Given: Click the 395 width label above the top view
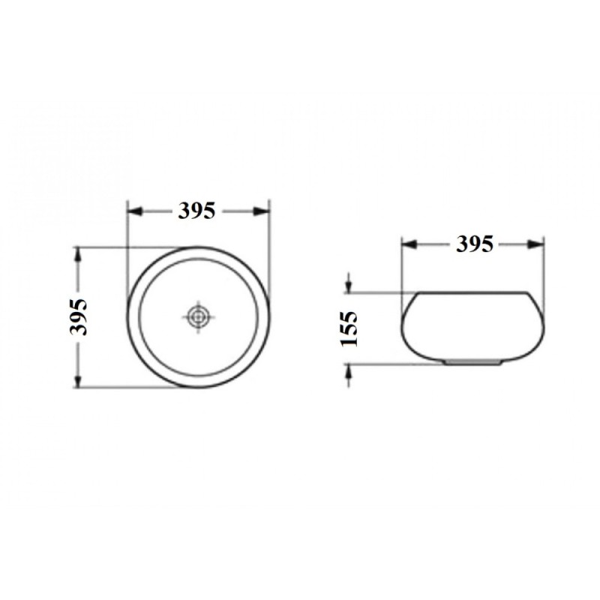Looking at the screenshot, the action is coord(196,211).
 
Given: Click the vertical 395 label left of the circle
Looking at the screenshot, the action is coord(79,317).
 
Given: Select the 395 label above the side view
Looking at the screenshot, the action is coord(475,244).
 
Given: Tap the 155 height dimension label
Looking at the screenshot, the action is coord(349,328).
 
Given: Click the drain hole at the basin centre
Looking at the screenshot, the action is coord(198,316).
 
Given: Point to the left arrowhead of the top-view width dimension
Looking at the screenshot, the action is coord(135,211).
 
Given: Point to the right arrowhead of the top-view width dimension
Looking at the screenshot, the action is coord(261,211).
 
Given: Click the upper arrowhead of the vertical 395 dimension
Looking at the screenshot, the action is coord(78,255).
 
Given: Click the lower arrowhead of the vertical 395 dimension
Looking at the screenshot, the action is coord(78,380).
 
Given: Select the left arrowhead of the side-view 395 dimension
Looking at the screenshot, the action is coord(409,244).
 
